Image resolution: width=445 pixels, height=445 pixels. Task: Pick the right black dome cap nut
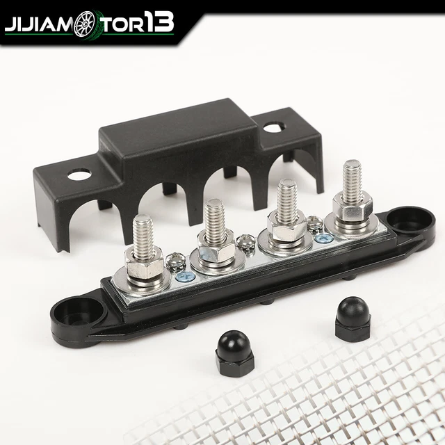tap(353, 317)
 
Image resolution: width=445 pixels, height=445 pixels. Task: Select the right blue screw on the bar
tap(321, 238)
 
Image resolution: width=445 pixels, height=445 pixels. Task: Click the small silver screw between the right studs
tap(314, 224)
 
